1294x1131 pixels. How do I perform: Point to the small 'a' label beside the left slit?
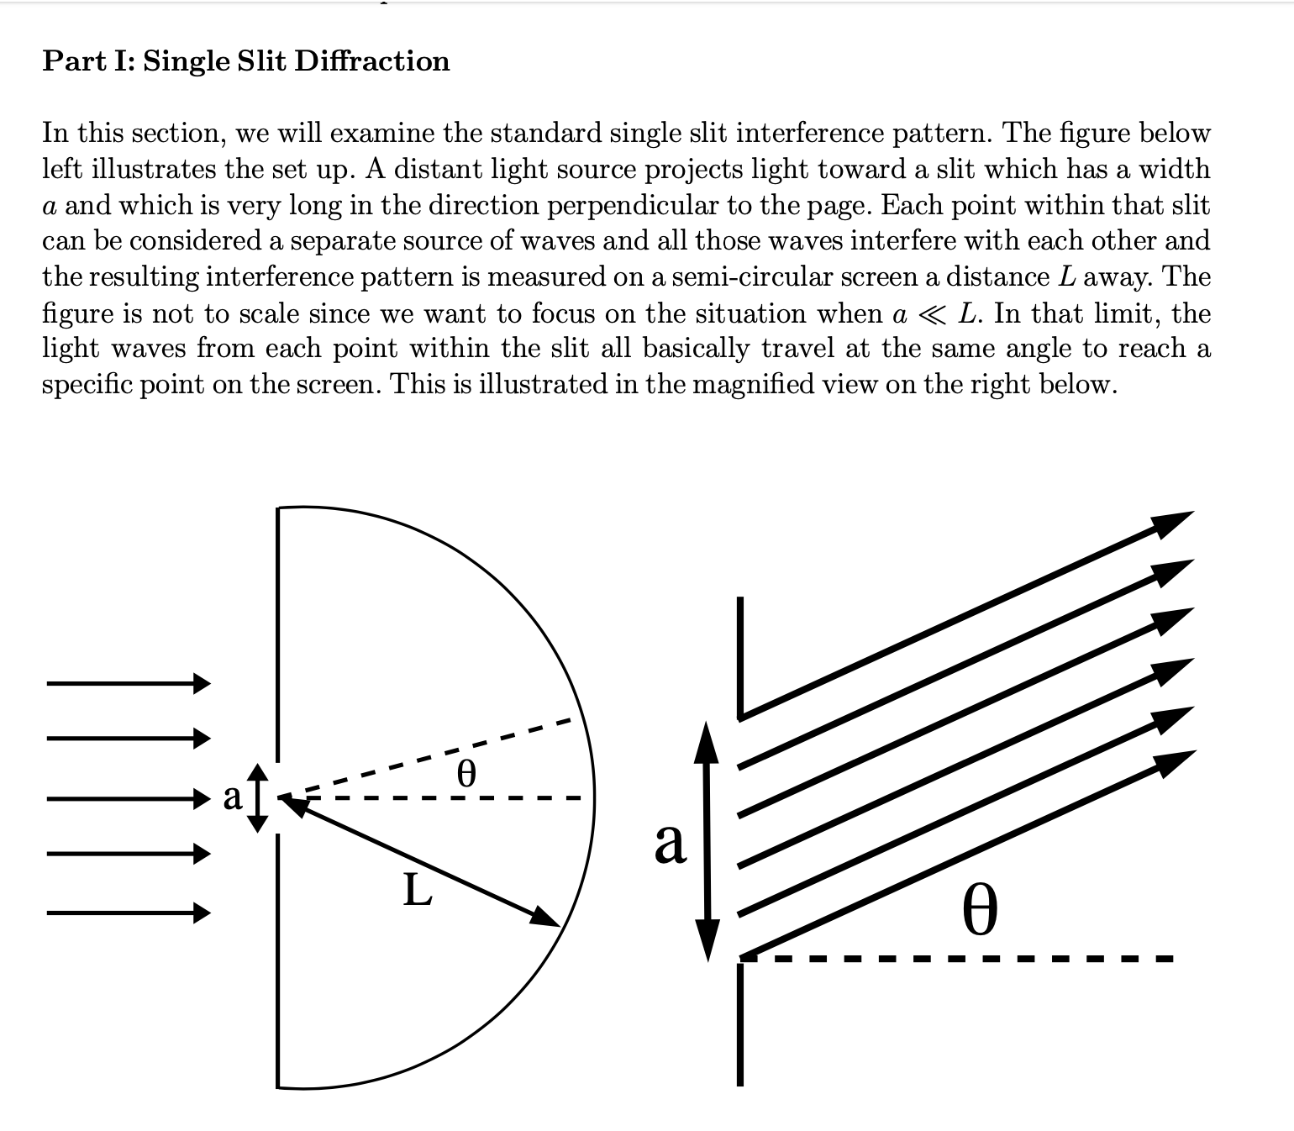pyautogui.click(x=233, y=796)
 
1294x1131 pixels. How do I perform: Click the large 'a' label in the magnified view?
pyautogui.click(x=670, y=842)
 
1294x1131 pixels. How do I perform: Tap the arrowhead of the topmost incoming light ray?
pyautogui.click(x=202, y=683)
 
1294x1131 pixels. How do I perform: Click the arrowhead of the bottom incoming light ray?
pyautogui.click(x=202, y=912)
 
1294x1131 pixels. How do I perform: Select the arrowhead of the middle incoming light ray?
pyautogui.click(x=202, y=797)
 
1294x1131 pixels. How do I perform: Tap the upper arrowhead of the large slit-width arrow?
pyautogui.click(x=706, y=739)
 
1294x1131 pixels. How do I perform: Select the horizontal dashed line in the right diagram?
pyautogui.click(x=958, y=958)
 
